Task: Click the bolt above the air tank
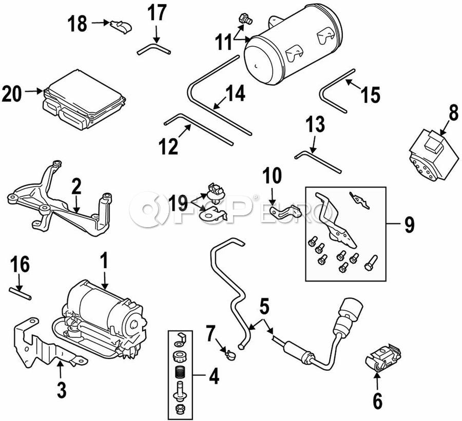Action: pos(245,20)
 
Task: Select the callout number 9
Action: pos(409,224)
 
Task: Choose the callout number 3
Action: pos(61,391)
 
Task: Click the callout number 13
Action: pos(316,125)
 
